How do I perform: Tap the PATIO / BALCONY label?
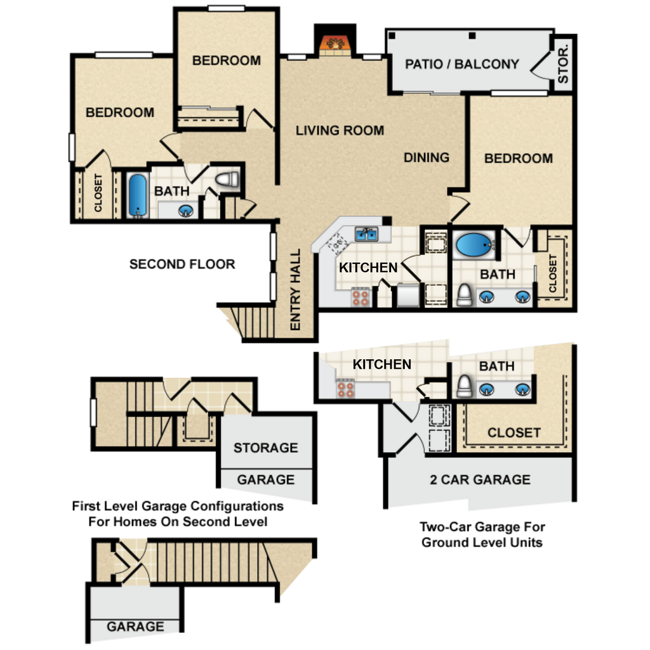pos(462,64)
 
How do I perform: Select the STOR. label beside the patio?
pos(563,64)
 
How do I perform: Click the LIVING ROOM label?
pos(340,131)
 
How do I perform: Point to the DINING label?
pos(427,157)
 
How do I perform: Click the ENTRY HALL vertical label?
pos(295,289)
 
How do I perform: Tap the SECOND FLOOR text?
pos(182,264)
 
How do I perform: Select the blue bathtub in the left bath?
pos(138,196)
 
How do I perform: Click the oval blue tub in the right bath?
pos(473,244)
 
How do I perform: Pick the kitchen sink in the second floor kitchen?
pos(366,234)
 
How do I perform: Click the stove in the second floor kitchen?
pos(361,297)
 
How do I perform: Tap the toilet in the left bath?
pos(227,180)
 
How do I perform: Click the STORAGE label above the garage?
pos(266,448)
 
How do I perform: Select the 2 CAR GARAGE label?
pos(480,480)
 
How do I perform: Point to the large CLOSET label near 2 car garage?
pos(514,433)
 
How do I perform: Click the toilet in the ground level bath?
pos(465,387)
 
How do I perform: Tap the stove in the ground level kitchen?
pos(345,389)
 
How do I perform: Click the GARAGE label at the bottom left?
pos(135,627)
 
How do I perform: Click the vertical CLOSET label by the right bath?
pos(553,274)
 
